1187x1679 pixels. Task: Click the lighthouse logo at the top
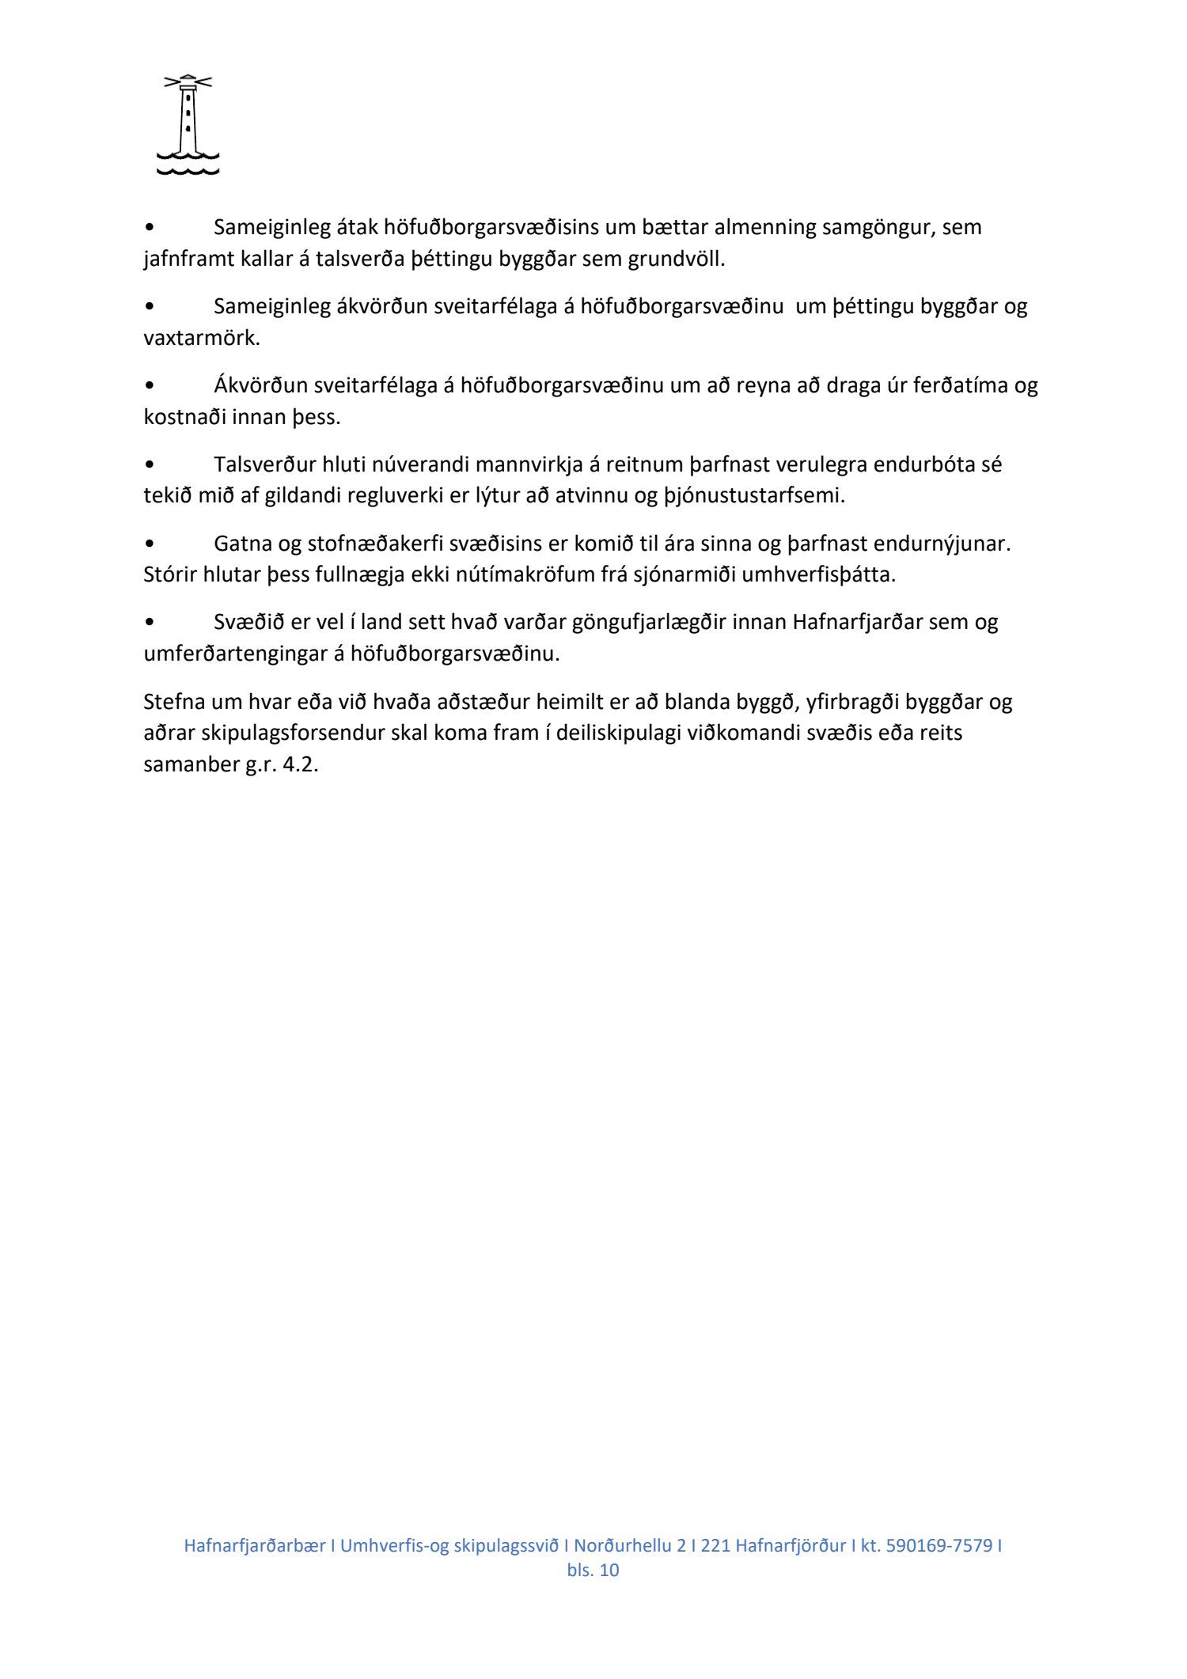(x=188, y=124)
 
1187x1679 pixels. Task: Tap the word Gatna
(x=241, y=544)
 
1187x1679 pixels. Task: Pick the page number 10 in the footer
(x=609, y=1571)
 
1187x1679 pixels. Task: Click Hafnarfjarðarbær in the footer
(x=254, y=1545)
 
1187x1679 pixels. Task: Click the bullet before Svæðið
(x=150, y=623)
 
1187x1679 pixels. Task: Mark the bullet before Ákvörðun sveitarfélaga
(x=150, y=385)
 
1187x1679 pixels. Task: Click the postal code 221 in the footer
(x=715, y=1545)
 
